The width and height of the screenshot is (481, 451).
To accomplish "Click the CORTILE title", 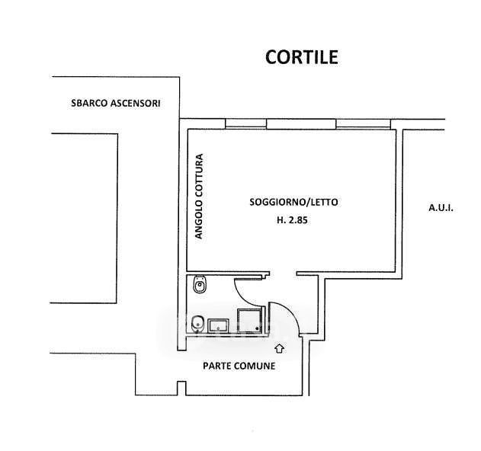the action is [x=302, y=57].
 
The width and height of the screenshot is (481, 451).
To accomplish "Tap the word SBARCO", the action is [x=89, y=103].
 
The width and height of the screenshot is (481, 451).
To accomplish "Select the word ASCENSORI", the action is [x=135, y=104].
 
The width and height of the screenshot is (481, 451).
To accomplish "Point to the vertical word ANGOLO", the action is [x=199, y=219].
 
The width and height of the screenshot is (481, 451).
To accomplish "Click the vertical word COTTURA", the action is [x=199, y=175].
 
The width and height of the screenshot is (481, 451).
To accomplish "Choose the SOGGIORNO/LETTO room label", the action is [x=293, y=202].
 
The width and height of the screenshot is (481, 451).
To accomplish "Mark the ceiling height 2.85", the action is [x=297, y=220].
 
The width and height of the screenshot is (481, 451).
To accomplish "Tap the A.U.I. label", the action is [x=441, y=208].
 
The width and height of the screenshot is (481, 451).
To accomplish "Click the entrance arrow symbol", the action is [x=279, y=349].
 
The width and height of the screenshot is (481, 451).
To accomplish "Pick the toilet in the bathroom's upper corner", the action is [x=200, y=285].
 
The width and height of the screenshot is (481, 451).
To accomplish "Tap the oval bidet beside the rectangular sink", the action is [x=197, y=325].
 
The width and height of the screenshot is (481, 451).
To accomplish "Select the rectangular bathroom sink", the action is [x=218, y=326].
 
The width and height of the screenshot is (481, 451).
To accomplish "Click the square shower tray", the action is [x=250, y=321].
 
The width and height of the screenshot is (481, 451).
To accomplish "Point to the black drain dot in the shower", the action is [x=258, y=328].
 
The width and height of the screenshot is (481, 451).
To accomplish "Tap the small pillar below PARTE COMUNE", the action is [x=181, y=388].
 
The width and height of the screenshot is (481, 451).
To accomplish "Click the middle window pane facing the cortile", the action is [x=301, y=124].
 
